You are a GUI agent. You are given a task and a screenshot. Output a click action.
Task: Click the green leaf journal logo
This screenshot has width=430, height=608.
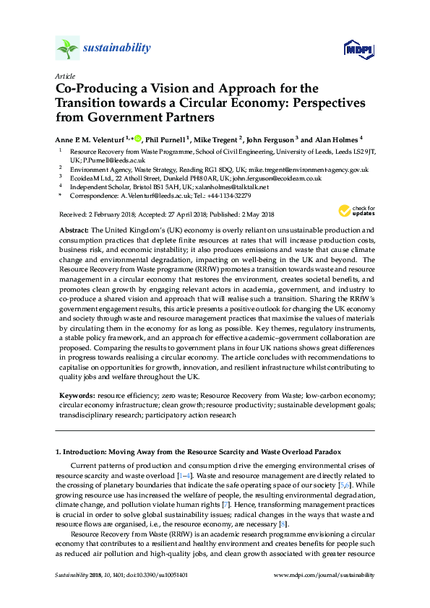pyautogui.click(x=67, y=49)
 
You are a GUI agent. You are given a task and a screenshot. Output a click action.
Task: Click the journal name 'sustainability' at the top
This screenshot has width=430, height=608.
pyautogui.click(x=117, y=48)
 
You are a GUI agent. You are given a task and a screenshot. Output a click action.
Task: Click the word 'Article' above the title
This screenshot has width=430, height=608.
pyautogui.click(x=65, y=76)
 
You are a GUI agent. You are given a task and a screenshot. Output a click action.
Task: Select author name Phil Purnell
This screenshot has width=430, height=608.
pyautogui.click(x=166, y=139)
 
